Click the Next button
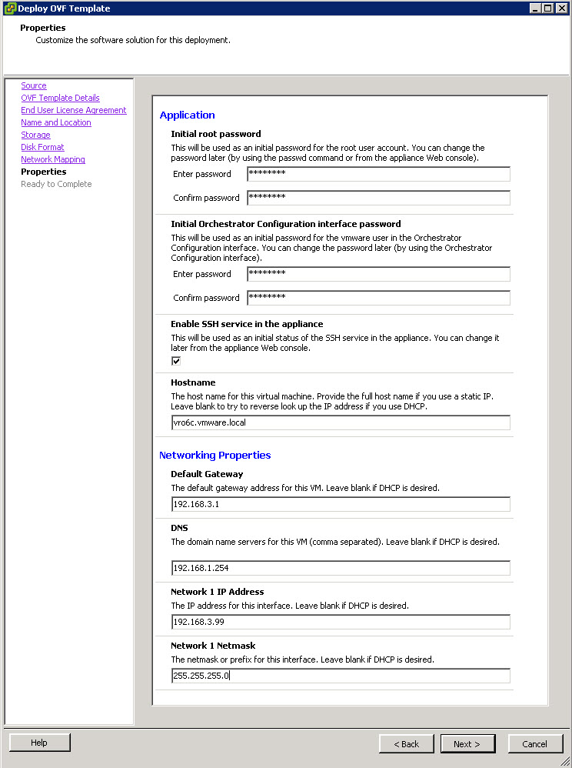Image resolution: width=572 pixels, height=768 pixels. point(467,744)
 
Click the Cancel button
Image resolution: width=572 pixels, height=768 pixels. point(534,744)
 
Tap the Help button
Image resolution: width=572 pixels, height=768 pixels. point(39,743)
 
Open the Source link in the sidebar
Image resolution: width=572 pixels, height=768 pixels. point(34,85)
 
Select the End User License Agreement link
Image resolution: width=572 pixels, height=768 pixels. point(74,110)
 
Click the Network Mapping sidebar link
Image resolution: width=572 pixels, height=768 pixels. point(53,159)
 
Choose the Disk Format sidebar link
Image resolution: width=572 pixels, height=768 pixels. point(42,147)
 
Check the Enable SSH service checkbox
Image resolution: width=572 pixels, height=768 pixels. point(176,361)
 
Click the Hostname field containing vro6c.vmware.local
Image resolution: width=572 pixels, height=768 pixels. point(341,422)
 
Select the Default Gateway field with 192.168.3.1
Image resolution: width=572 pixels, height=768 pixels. point(341,504)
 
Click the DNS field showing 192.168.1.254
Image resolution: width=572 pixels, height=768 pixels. point(341,568)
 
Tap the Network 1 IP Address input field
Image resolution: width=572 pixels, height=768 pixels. point(341,622)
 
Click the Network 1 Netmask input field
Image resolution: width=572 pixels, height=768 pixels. point(341,676)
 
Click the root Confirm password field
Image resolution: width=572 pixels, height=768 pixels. point(378,198)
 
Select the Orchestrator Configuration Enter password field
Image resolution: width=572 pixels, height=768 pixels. point(378,274)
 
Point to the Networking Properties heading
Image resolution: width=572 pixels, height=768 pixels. point(214,455)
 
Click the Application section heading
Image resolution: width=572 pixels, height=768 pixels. point(187,115)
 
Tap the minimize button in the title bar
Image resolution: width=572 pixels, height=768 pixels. point(535,8)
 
